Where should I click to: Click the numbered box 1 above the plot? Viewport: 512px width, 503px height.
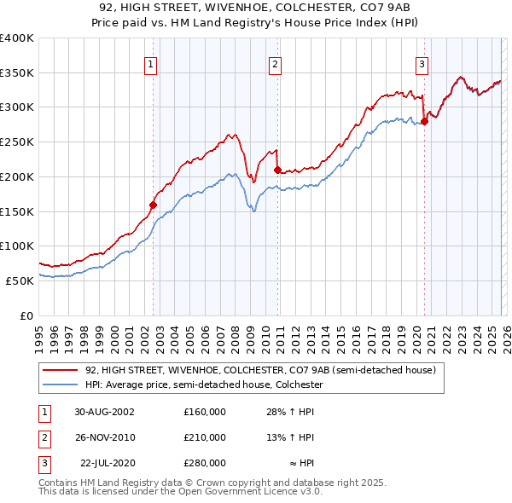point(150,62)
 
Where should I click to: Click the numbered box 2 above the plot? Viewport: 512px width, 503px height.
point(276,62)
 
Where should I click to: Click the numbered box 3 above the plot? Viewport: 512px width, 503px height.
point(422,62)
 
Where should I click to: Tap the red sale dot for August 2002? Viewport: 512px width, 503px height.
point(154,205)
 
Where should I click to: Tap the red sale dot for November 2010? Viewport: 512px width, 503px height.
point(277,171)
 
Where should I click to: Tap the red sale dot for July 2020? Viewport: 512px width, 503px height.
point(424,122)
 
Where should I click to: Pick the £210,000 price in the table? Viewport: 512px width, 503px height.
point(205,437)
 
